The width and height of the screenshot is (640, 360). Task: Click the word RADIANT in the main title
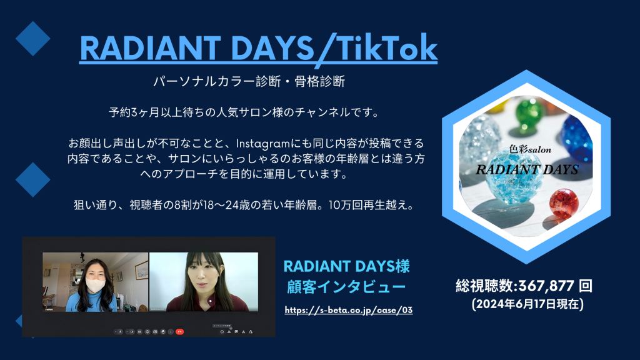[x=150, y=48]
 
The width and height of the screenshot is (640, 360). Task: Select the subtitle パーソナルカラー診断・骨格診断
[x=249, y=81]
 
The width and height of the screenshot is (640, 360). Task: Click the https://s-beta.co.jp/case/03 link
[x=349, y=310]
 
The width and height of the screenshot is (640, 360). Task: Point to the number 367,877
[x=546, y=286]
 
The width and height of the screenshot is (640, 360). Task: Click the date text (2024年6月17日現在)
[x=527, y=304]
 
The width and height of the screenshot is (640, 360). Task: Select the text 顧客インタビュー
[x=346, y=287]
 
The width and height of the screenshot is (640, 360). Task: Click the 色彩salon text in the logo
[x=530, y=149]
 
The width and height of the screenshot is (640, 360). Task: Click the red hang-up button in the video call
[x=179, y=332]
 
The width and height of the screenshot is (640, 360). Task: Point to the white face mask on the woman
[x=96, y=285]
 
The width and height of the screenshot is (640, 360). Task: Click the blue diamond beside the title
[x=32, y=39]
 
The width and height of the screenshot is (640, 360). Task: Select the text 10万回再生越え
[x=367, y=204]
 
